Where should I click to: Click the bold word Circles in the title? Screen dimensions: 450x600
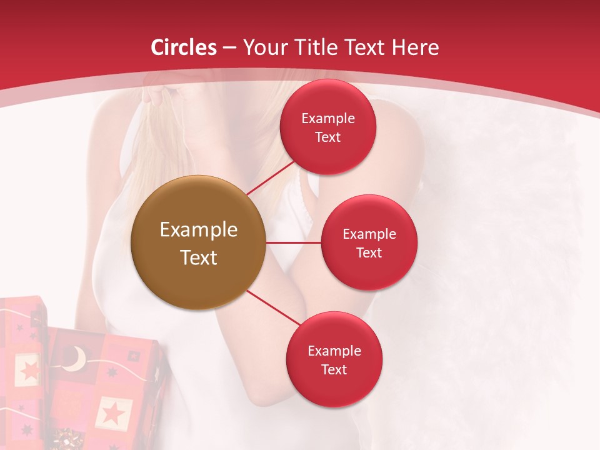point(184,47)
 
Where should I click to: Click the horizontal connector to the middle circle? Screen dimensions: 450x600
point(294,242)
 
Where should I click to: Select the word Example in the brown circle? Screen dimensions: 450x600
point(199,229)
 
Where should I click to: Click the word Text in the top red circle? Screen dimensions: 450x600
point(327,137)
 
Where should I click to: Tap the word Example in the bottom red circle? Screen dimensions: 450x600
point(334,351)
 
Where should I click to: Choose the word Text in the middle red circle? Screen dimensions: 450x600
point(369,252)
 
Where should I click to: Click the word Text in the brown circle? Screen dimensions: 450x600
point(199,257)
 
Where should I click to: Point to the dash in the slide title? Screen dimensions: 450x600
point(229,48)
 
